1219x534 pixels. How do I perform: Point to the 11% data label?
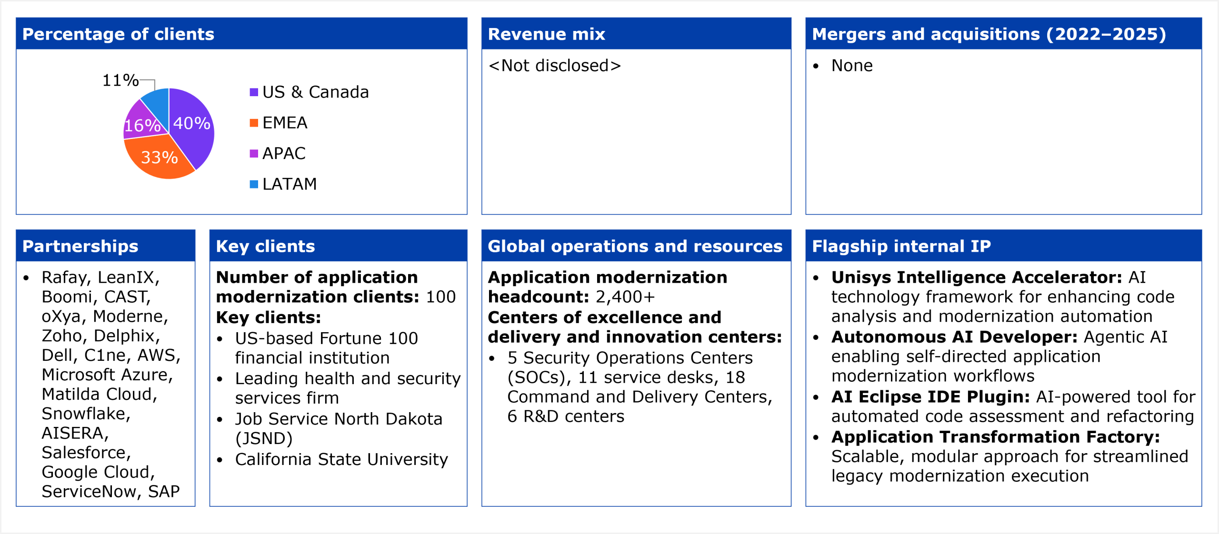[120, 80]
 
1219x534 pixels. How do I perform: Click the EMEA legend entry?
[279, 123]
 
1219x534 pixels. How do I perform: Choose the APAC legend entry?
[278, 153]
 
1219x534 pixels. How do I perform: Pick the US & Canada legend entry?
[310, 92]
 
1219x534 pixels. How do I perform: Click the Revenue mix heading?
[547, 34]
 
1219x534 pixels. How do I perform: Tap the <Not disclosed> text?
[555, 66]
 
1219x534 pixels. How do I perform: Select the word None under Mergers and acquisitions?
[852, 66]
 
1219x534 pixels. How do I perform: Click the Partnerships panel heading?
[80, 246]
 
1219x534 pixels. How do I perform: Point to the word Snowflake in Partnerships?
[86, 414]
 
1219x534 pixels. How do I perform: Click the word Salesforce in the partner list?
[86, 453]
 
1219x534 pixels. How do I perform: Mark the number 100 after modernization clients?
[441, 297]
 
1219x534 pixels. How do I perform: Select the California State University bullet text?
[341, 459]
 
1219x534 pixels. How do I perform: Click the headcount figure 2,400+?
[625, 297]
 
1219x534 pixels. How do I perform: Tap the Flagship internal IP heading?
[901, 246]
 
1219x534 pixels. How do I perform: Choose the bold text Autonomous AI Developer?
[954, 337]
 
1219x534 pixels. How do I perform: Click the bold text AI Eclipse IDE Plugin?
[931, 397]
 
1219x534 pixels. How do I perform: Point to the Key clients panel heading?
[266, 246]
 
